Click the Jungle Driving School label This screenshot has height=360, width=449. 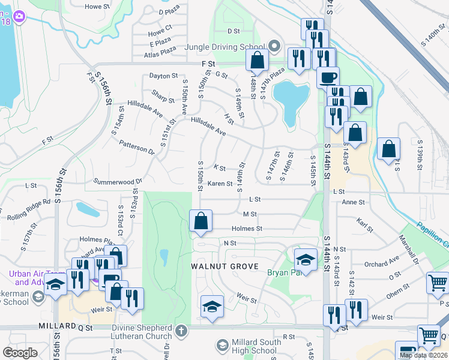pyautogui.click(x=225, y=47)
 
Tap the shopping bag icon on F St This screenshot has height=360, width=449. pyautogui.click(x=258, y=61)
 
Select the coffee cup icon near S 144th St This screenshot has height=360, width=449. pyautogui.click(x=328, y=77)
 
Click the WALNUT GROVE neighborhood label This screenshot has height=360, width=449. pyautogui.click(x=224, y=266)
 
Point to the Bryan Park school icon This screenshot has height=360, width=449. pyautogui.click(x=306, y=261)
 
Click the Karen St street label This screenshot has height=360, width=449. pyautogui.click(x=220, y=184)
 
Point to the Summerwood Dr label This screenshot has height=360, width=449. pyautogui.click(x=118, y=181)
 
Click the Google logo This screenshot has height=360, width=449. pyautogui.click(x=20, y=353)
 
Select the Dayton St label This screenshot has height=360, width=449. pyautogui.click(x=164, y=76)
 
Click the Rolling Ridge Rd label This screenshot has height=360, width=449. pyautogui.click(x=30, y=206)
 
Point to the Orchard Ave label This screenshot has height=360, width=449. pyautogui.click(x=381, y=263)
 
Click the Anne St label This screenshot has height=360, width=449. pyautogui.click(x=353, y=202)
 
